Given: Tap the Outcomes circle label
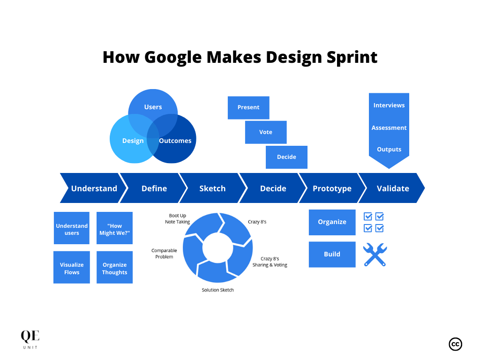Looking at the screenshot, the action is point(175,141).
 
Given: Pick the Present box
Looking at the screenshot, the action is point(248,107).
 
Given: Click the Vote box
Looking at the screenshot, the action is point(266,132).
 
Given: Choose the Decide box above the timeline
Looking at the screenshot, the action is point(286,157).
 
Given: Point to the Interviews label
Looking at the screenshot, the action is point(389,105).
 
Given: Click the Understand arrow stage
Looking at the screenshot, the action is point(94,188).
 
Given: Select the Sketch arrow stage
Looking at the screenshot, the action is point(212,188).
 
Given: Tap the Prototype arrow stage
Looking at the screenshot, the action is point(332,188).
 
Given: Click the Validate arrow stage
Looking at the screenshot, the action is point(393,188).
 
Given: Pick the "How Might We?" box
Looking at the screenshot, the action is point(114,229).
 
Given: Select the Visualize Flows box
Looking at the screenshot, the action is point(72,268).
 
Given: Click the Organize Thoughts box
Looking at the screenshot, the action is point(114,268).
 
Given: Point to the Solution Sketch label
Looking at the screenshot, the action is point(217,290).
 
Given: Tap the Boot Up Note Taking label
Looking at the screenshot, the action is point(177,219).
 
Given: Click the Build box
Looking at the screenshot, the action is point(332,254).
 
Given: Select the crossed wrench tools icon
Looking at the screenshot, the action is point(375,255).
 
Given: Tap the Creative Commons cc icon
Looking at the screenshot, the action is point(455,344).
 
